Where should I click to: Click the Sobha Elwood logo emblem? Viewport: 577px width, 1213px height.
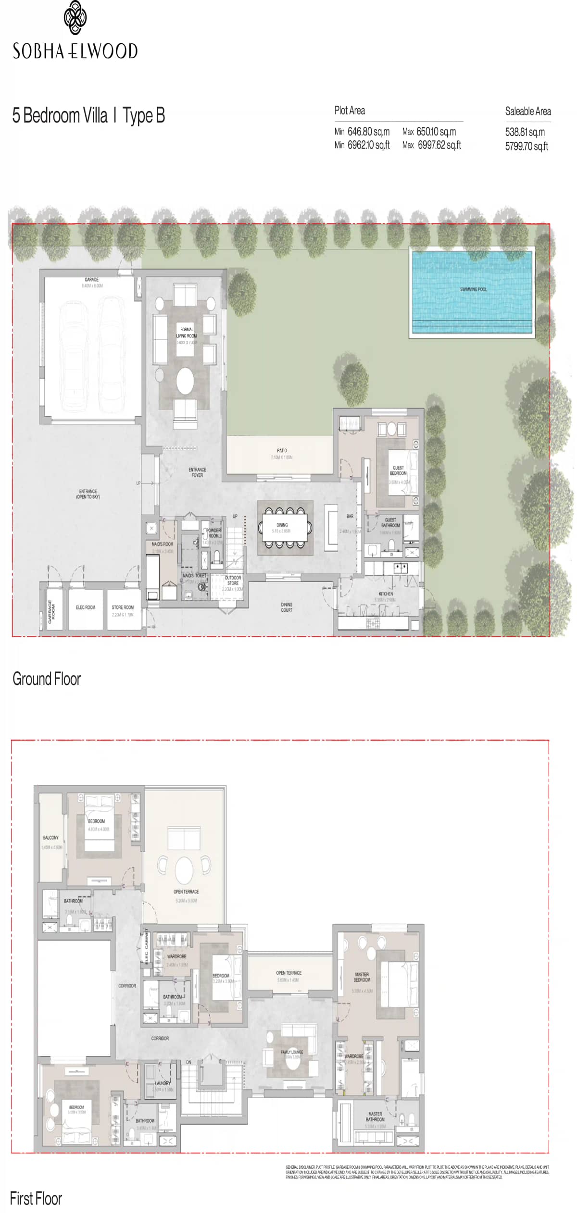[75, 18]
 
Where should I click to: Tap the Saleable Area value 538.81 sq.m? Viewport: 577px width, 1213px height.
[525, 132]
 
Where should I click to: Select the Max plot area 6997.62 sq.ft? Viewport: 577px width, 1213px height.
[439, 145]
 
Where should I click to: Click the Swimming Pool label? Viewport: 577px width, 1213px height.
[473, 289]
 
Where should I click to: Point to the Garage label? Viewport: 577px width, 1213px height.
[91, 280]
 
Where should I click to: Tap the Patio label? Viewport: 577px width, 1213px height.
[282, 451]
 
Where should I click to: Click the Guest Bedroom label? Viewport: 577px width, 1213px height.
[398, 470]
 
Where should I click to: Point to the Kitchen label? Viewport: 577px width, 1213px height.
[386, 594]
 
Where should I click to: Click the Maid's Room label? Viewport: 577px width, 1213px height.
[162, 545]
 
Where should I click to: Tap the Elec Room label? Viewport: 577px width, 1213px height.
[86, 607]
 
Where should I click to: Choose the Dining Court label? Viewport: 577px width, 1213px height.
[287, 607]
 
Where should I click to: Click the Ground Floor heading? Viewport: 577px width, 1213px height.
[47, 679]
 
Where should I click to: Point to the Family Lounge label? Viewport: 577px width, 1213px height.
[292, 1052]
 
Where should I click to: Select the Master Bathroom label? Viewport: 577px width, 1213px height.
[375, 1116]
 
